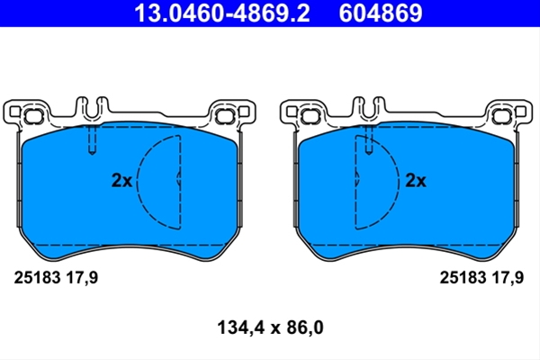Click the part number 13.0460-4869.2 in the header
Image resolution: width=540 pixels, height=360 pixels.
pos(221,13)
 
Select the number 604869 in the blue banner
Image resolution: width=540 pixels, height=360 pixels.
pos(380,13)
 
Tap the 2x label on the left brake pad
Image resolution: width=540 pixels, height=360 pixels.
pos(121,180)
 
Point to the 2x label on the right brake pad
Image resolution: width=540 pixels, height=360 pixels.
pos(415,180)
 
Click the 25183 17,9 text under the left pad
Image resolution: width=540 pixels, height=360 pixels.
pos(56,278)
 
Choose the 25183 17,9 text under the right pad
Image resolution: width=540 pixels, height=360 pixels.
pos(481,278)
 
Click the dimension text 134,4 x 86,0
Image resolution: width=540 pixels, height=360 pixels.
pos(270,328)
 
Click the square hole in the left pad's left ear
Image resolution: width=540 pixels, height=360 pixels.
pos(14,112)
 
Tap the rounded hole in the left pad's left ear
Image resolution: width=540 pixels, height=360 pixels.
pos(33,116)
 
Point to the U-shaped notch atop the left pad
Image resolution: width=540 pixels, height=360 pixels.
pos(92,110)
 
